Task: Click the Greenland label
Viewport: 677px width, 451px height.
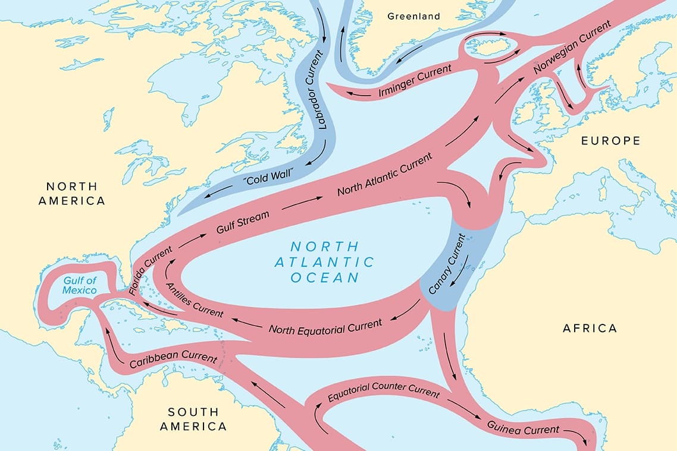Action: coord(413,16)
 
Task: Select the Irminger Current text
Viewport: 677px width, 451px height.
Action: coord(415,81)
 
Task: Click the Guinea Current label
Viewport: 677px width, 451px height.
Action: coord(523,428)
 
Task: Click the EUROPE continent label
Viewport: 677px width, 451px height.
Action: coord(610,141)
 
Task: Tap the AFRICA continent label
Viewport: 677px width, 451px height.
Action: coord(590,328)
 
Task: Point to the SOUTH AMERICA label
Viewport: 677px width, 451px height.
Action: coord(193,419)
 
